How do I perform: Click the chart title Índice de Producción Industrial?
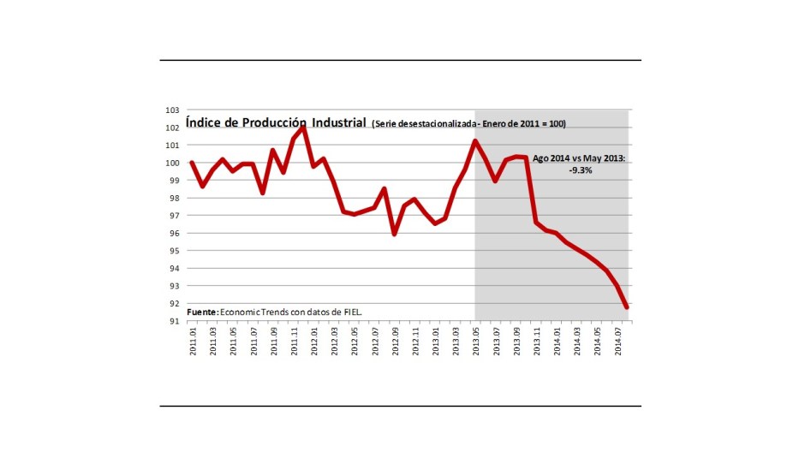point(276,122)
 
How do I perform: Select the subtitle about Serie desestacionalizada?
point(468,124)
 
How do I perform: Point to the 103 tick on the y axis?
point(173,110)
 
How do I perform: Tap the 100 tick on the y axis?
point(173,164)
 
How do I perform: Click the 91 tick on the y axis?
point(173,322)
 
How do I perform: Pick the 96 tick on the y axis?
point(173,234)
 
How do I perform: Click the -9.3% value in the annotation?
point(580,170)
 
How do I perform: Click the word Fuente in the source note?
point(202,312)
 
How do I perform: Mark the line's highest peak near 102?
point(303,128)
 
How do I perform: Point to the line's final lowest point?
point(627,306)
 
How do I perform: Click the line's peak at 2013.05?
point(475,141)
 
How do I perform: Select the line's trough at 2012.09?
point(394,234)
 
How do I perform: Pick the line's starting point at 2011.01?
point(191,163)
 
